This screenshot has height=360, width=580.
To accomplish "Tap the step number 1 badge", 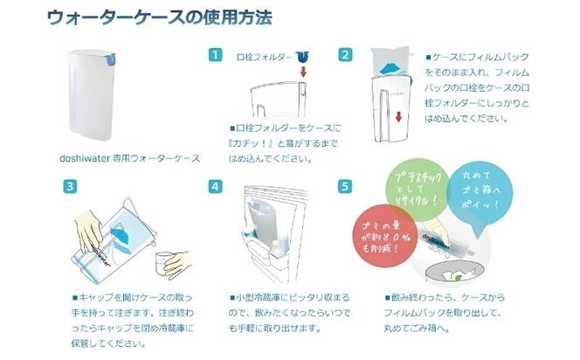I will [214, 54].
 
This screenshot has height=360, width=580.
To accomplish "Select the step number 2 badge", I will [346, 54].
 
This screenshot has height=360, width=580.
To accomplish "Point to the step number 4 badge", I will [214, 186].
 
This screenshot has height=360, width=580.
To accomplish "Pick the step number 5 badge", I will [346, 186].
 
